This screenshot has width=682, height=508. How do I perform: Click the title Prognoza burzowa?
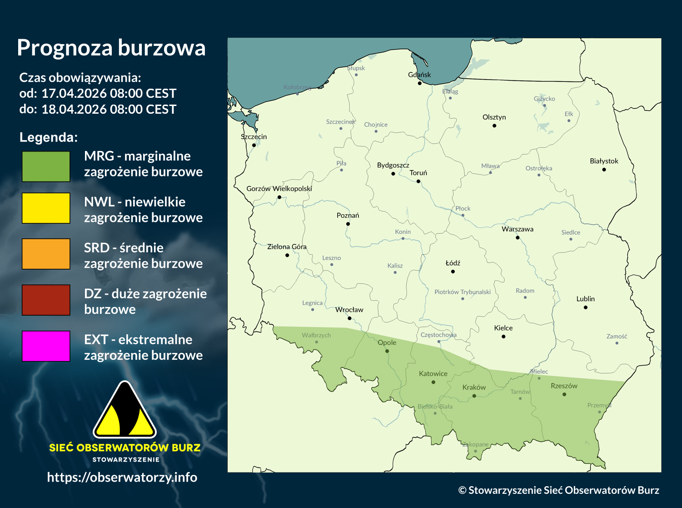[x=111, y=48]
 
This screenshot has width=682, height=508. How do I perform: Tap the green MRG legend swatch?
[x=46, y=166]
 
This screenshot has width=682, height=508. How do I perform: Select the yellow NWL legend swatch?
[x=46, y=208]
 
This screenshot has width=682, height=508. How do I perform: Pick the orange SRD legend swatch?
[x=46, y=254]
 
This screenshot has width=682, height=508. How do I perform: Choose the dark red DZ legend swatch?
[x=46, y=300]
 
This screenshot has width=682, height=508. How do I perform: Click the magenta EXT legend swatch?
[x=46, y=346]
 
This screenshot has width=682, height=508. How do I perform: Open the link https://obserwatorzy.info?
[x=122, y=477]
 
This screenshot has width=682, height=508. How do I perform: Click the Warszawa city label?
[x=517, y=229]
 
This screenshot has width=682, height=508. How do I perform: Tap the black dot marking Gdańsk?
[x=420, y=83]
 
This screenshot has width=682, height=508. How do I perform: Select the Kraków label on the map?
[x=474, y=387]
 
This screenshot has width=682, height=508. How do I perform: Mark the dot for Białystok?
[x=604, y=170]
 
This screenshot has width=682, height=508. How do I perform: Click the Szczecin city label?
[x=254, y=136]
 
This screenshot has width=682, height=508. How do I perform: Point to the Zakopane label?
[x=475, y=444]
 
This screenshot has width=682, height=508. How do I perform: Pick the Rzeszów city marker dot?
[x=564, y=394]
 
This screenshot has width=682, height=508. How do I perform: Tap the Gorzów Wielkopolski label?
[x=279, y=188]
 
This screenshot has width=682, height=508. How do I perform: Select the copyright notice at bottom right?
[x=558, y=490]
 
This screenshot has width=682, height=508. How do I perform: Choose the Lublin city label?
[x=585, y=299]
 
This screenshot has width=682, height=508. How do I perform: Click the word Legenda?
[x=48, y=137]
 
